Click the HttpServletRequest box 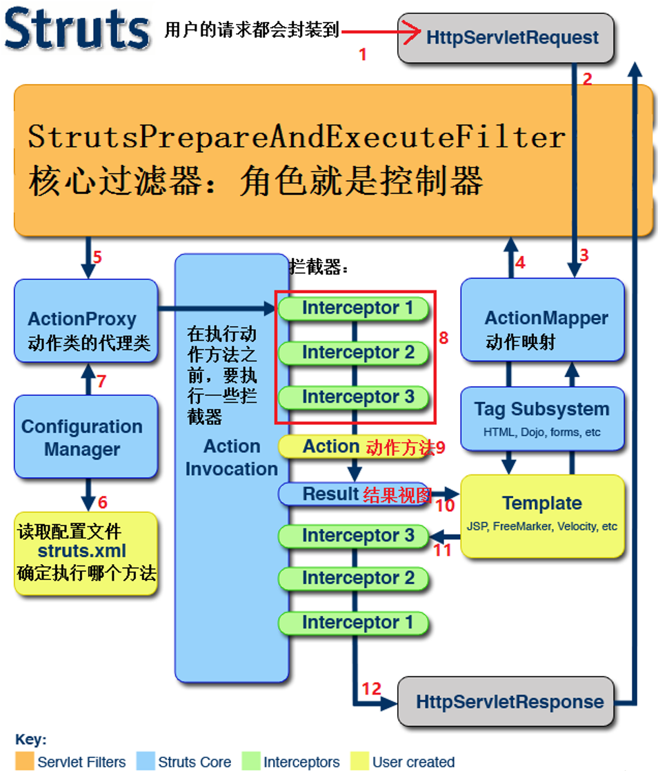pyautogui.click(x=506, y=38)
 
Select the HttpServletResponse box pyautogui.click(x=506, y=701)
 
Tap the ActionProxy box pyautogui.click(x=86, y=321)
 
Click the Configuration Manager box pyautogui.click(x=86, y=437)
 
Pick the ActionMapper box pyautogui.click(x=542, y=319)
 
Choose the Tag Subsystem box pyautogui.click(x=542, y=419)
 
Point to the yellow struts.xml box pyautogui.click(x=86, y=554)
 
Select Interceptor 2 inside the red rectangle pyautogui.click(x=354, y=352)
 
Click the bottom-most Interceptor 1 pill pyautogui.click(x=354, y=623)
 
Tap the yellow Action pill pyautogui.click(x=354, y=446)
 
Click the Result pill pyautogui.click(x=354, y=494)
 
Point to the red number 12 pyautogui.click(x=371, y=689)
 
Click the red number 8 pyautogui.click(x=443, y=338)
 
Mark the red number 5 pyautogui.click(x=97, y=257)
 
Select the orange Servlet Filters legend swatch pyautogui.click(x=25, y=761)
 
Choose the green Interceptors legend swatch pyautogui.click(x=251, y=761)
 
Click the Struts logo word pyautogui.click(x=77, y=28)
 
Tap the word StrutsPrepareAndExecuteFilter pyautogui.click(x=297, y=137)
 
